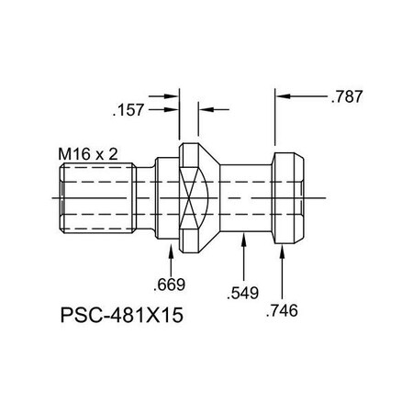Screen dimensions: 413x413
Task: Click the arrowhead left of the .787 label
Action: click(285, 95)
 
